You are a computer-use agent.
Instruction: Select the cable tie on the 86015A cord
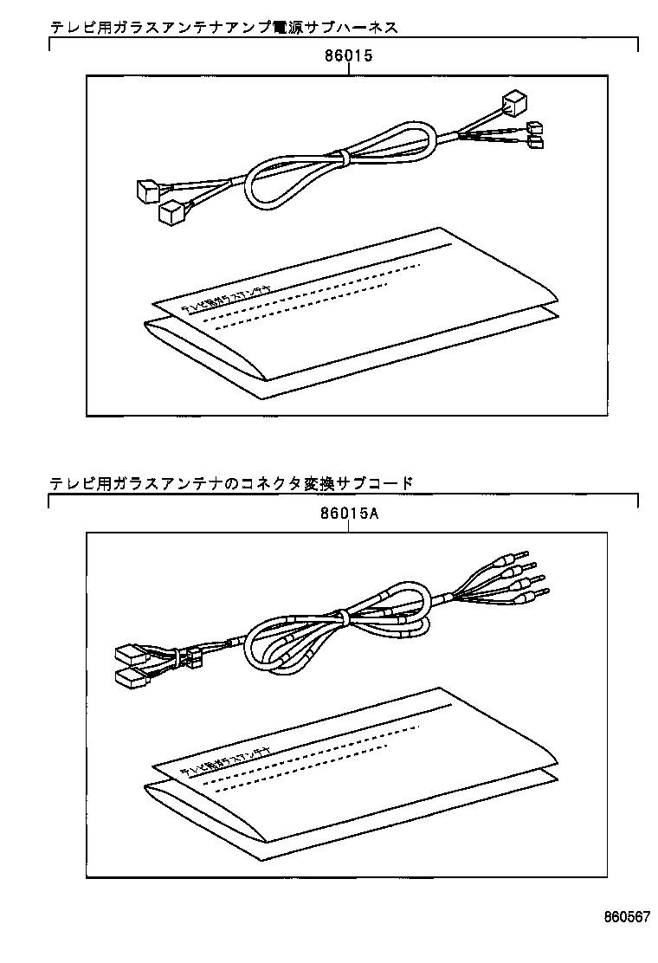pos(344,617)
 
